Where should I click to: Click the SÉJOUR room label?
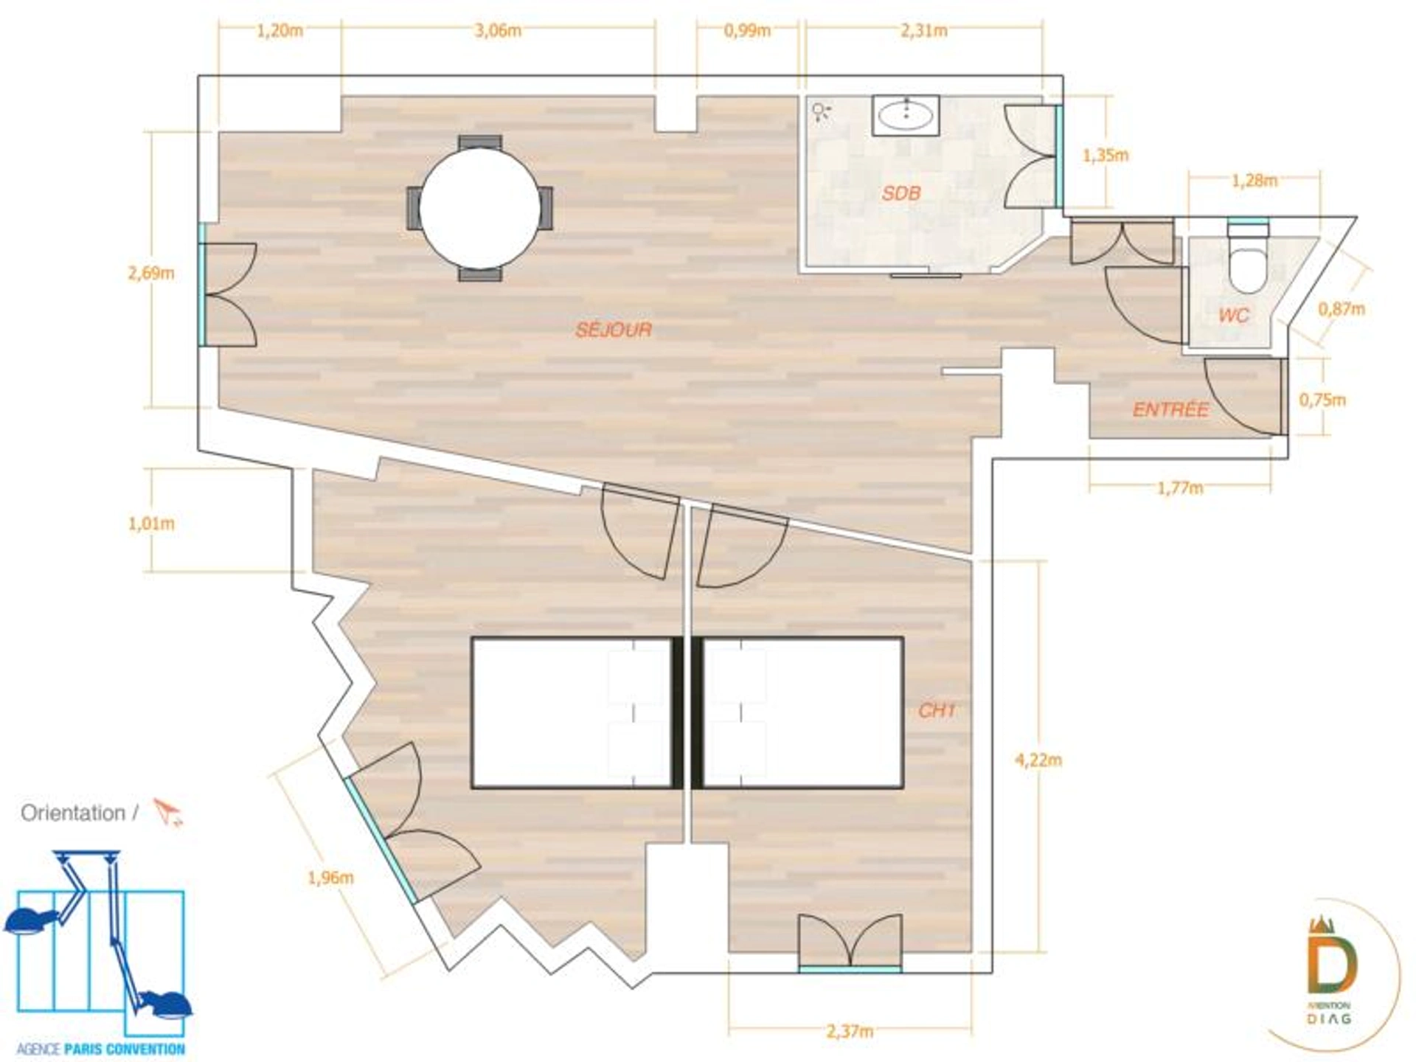[614, 329]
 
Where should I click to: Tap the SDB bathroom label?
[901, 193]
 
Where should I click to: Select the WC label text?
[1234, 316]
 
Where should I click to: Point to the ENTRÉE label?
[1170, 409]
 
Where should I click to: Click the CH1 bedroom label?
[937, 710]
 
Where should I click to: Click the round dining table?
[480, 208]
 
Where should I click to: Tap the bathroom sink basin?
[906, 114]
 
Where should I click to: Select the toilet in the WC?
[1248, 259]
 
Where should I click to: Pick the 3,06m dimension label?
[498, 30]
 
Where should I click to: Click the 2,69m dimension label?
[151, 273]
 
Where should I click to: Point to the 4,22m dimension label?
[1038, 760]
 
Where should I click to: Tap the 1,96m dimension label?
[330, 878]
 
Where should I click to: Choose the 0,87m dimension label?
[1342, 309]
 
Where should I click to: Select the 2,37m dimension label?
[850, 1031]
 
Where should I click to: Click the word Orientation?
[73, 813]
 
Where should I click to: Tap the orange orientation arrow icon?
[168, 812]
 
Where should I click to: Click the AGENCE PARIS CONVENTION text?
[100, 1049]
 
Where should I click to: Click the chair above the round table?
[480, 142]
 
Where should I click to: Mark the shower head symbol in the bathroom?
[821, 113]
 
